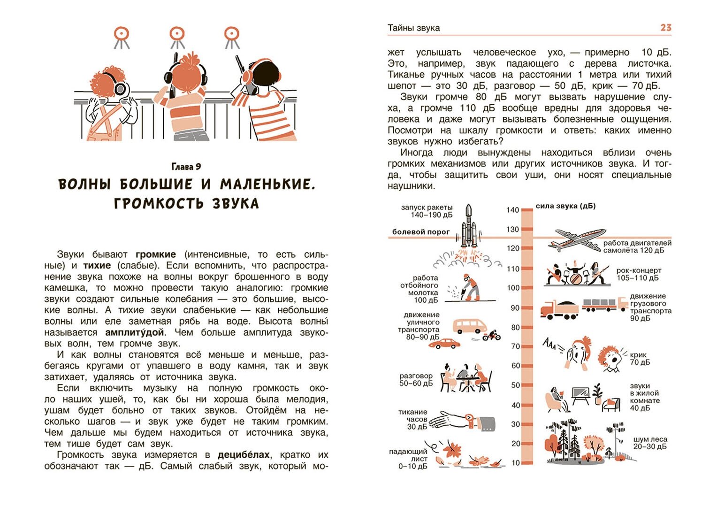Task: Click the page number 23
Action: coord(665,28)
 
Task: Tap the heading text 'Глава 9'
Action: coord(186,167)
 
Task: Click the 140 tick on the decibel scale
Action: coord(513,210)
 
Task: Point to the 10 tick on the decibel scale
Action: coord(516,463)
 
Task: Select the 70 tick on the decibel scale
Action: coord(516,346)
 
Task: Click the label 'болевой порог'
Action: coord(420,231)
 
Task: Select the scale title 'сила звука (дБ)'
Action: coord(565,206)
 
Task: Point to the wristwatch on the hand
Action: coord(469,418)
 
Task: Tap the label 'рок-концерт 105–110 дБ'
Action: coord(639,274)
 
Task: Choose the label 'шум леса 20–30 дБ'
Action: coord(650,443)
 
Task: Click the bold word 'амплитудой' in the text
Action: coord(135,332)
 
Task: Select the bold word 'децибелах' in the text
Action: coord(244,455)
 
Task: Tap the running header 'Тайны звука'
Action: coord(413,28)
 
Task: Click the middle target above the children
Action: coord(177,34)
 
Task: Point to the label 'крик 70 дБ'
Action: coord(640,359)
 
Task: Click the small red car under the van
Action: coord(444,344)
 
